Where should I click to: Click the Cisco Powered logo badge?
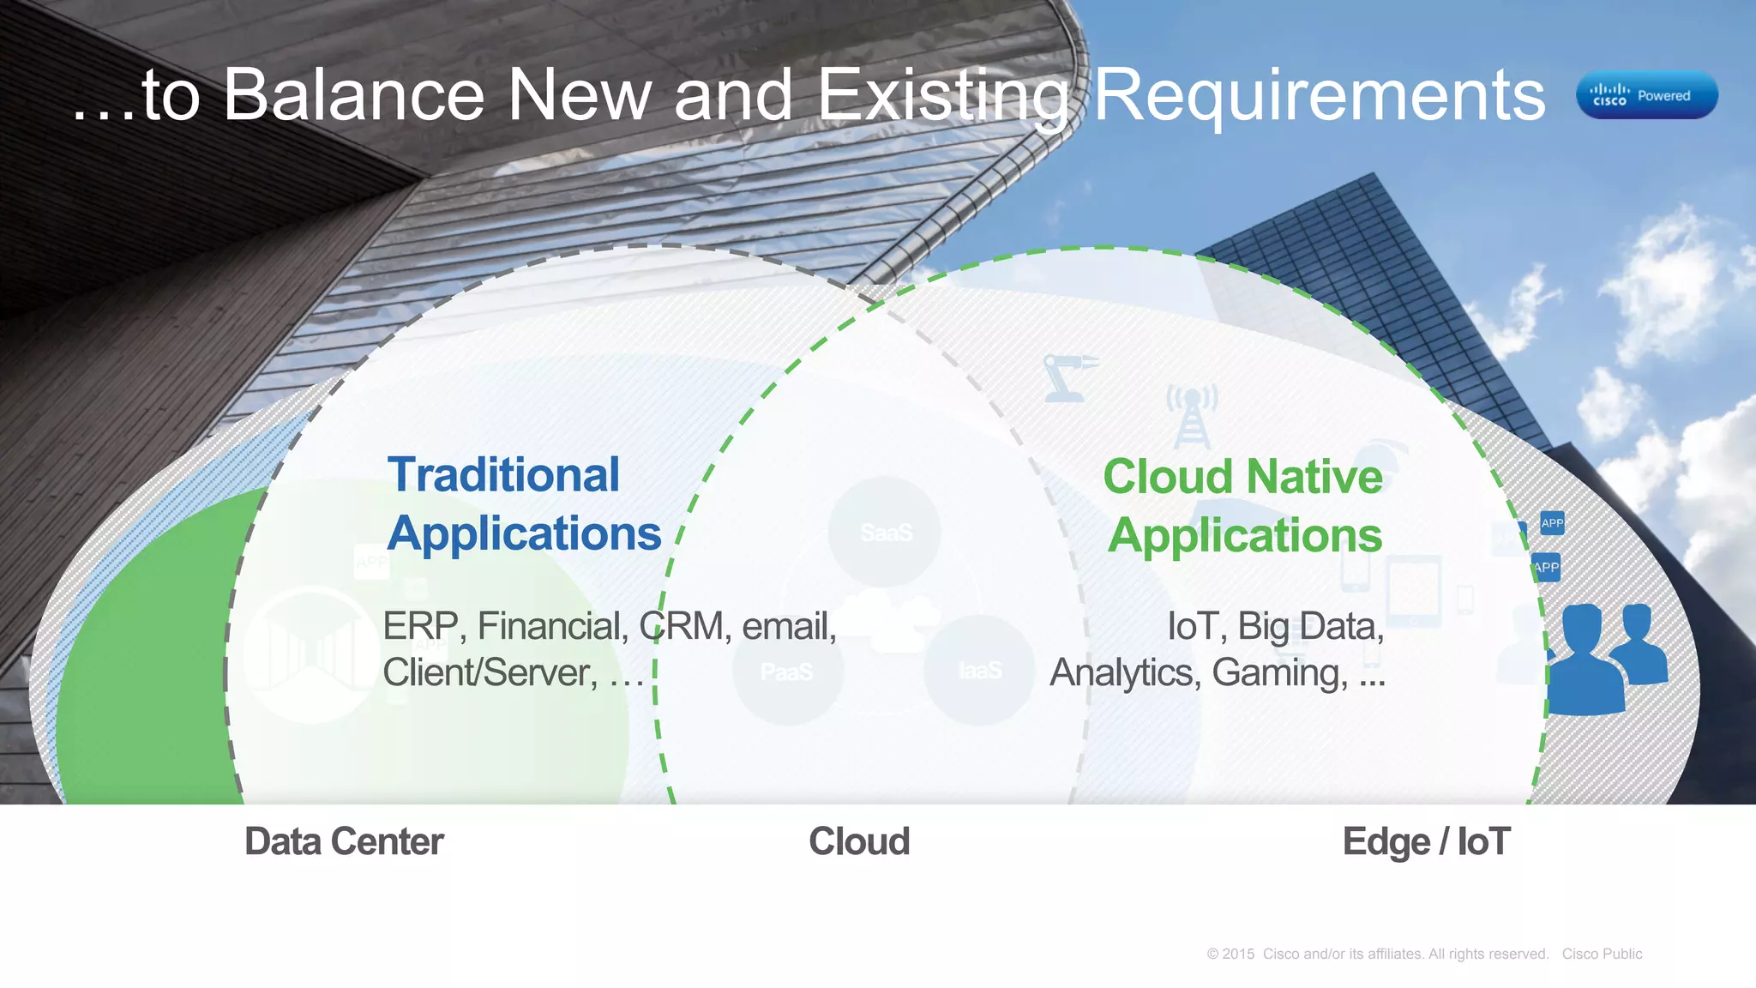(1646, 95)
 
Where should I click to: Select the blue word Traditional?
(503, 474)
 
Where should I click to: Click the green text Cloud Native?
(1242, 477)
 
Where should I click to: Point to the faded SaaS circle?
(885, 532)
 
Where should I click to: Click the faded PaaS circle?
(786, 671)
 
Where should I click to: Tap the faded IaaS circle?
(979, 670)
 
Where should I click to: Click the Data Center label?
(344, 841)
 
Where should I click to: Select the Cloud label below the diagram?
(859, 841)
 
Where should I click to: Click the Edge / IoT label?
(1426, 841)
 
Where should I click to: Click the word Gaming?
(1278, 673)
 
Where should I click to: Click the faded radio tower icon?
(1192, 416)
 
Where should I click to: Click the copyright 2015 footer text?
(1377, 954)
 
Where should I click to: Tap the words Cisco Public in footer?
(1602, 954)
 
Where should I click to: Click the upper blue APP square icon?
(1552, 523)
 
